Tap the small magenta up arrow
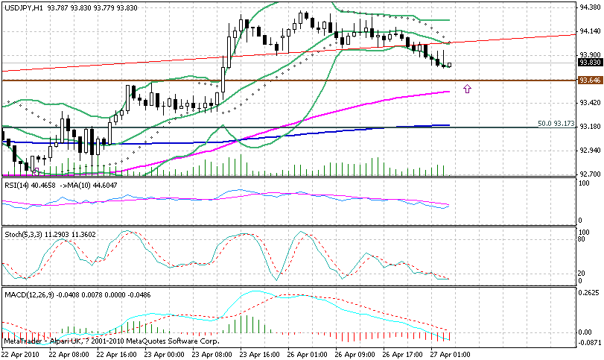[468, 89]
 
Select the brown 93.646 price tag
[589, 80]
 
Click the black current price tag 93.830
[589, 63]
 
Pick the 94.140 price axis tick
[590, 31]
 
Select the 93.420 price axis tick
[590, 102]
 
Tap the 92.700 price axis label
[590, 174]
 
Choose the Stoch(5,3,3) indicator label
[22, 235]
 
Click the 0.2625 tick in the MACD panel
[590, 293]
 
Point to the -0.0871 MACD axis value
[590, 342]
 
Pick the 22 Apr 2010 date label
[19, 355]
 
